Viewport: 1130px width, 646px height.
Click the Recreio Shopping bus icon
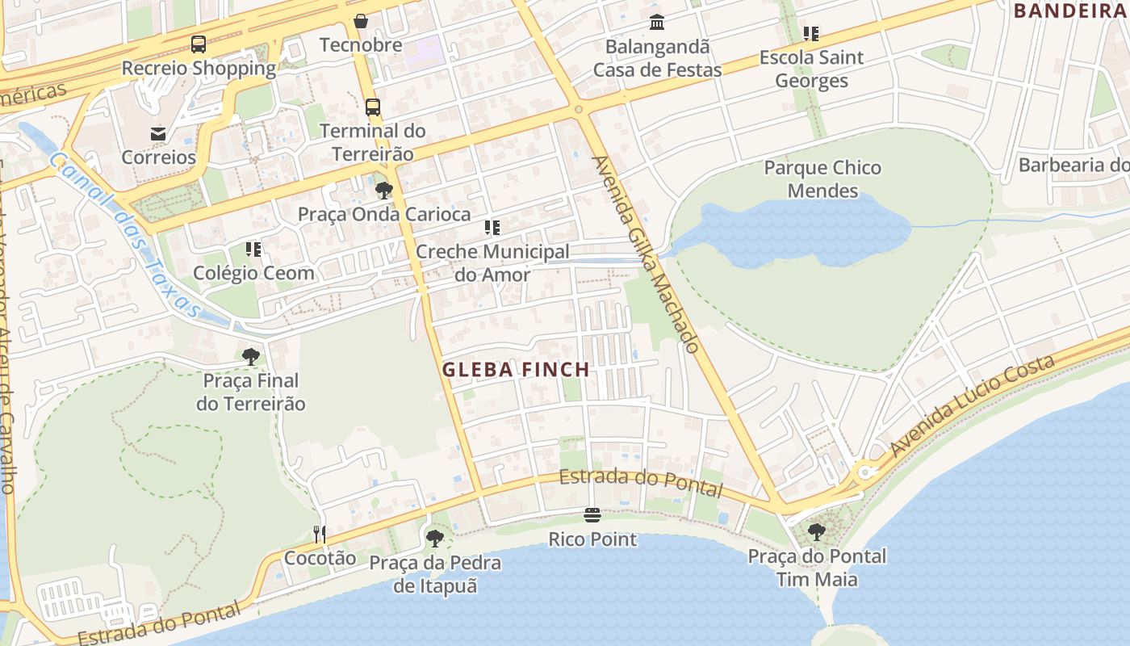[x=199, y=44]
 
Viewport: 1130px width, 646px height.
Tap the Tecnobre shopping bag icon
[x=361, y=21]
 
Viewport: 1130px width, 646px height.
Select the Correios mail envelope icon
[x=158, y=133]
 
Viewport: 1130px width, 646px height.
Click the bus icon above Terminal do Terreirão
[x=373, y=107]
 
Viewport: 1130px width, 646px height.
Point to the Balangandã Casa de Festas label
[x=657, y=58]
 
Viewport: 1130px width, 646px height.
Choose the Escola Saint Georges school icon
[x=811, y=34]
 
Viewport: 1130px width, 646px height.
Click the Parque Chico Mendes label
[x=822, y=179]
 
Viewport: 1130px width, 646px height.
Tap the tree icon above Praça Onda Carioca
[x=384, y=191]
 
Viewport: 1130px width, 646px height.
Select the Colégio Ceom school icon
[x=253, y=250]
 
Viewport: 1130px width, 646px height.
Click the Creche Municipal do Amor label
[x=492, y=263]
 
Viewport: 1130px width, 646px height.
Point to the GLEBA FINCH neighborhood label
[x=516, y=370]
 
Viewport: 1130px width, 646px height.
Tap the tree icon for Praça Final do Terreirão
[x=251, y=356]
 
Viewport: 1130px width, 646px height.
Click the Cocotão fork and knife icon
[x=320, y=535]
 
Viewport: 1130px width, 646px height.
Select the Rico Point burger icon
[x=592, y=515]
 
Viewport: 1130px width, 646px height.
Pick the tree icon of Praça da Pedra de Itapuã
[x=435, y=538]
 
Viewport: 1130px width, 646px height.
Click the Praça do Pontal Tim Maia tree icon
[x=817, y=532]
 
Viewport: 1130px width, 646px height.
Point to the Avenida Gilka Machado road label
[x=646, y=254]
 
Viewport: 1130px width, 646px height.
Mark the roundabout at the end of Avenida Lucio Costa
[x=867, y=472]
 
